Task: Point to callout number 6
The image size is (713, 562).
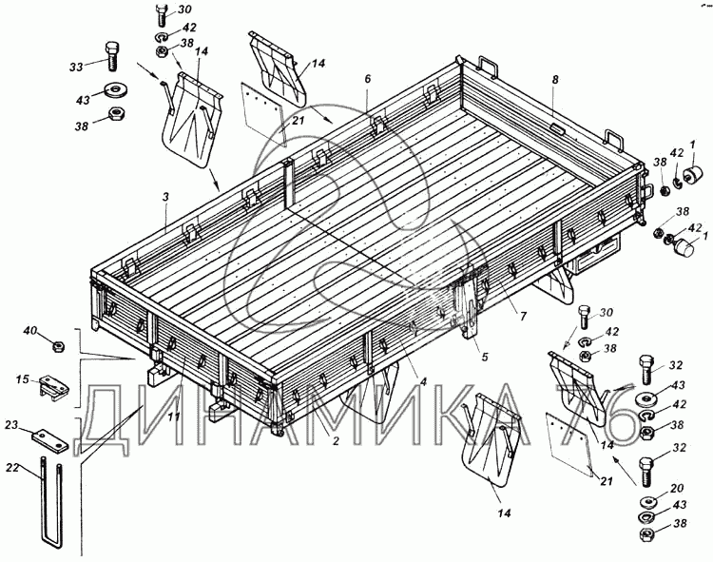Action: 366,80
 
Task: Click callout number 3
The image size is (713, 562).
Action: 165,197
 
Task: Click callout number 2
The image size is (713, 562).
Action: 335,440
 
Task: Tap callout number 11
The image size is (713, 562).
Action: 174,416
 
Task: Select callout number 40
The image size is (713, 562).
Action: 30,331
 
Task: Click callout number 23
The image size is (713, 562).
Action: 11,425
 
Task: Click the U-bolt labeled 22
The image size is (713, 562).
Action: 53,504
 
